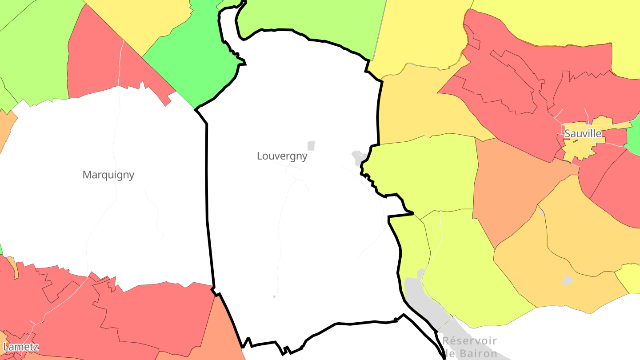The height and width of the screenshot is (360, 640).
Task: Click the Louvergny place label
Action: coord(282,156)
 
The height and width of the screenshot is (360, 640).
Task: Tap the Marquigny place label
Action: coord(108,175)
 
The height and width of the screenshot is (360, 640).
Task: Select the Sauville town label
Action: coord(583,133)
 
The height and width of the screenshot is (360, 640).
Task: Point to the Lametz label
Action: coord(20,347)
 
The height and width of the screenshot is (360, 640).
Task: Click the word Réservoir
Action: coord(469,341)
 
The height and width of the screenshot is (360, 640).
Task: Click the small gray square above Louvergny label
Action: coord(311,145)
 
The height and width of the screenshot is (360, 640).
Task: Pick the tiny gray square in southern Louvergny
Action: coord(274,296)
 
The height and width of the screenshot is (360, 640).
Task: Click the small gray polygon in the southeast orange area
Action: coord(568,280)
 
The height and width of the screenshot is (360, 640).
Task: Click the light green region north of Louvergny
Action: coord(311,18)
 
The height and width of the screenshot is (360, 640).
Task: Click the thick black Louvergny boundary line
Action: coord(207,178)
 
